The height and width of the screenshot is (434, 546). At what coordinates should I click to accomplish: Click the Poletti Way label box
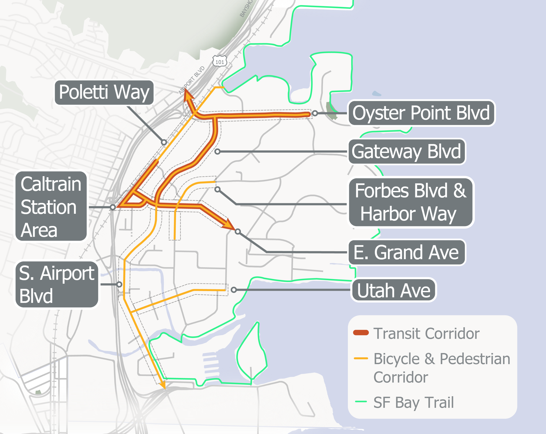click(x=104, y=92)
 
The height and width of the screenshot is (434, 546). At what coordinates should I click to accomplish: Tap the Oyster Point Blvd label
click(x=421, y=113)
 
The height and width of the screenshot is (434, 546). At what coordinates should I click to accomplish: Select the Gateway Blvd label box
click(x=407, y=151)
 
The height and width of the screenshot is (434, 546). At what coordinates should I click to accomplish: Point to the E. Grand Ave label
click(x=407, y=252)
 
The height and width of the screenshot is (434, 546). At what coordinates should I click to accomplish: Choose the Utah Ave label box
click(x=394, y=290)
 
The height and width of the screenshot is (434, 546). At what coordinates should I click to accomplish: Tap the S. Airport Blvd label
click(x=57, y=284)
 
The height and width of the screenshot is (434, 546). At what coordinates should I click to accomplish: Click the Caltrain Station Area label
click(x=51, y=206)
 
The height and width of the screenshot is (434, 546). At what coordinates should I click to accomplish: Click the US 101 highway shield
click(x=219, y=61)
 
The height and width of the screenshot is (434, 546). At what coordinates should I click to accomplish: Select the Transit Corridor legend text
click(x=426, y=333)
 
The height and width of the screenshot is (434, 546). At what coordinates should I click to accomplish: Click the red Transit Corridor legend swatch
click(x=361, y=333)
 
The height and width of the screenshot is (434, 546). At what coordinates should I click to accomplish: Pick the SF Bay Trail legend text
click(x=413, y=402)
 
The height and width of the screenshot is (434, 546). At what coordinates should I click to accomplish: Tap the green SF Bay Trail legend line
click(x=361, y=401)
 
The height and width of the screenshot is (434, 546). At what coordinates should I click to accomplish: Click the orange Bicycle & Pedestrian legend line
click(x=361, y=358)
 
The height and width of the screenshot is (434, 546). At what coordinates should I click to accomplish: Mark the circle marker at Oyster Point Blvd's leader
click(x=315, y=113)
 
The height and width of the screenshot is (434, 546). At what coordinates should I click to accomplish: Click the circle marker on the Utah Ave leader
click(x=234, y=290)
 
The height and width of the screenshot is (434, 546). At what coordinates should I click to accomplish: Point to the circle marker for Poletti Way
click(x=164, y=142)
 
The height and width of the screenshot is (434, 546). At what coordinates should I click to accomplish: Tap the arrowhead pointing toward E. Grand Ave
click(x=229, y=224)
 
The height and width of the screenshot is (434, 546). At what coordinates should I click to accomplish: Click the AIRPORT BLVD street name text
click(x=192, y=80)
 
